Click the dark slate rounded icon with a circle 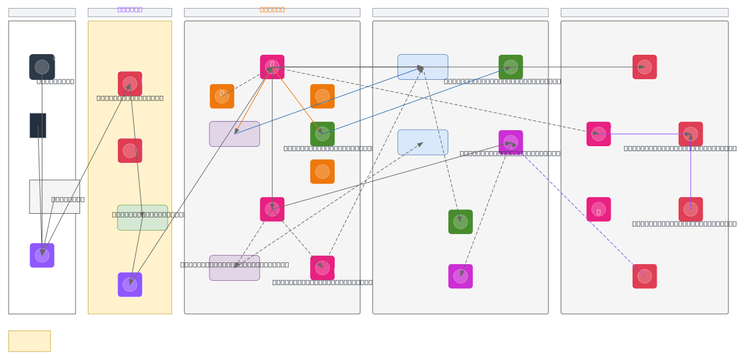[42, 67]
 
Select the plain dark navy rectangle [37, 125]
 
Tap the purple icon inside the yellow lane [130, 284]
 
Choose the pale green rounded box [142, 218]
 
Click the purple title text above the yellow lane [130, 9]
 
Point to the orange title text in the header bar [272, 9]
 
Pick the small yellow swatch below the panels [29, 341]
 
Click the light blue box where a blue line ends [423, 67]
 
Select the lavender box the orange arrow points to [235, 134]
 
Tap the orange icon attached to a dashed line [222, 96]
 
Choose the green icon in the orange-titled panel [322, 134]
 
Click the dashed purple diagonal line [577, 209]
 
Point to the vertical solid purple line [691, 172]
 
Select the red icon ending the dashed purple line [644, 276]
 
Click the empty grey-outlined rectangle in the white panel [55, 197]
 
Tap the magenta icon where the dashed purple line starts [511, 142]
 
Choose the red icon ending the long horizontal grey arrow [644, 67]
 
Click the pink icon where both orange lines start [272, 67]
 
